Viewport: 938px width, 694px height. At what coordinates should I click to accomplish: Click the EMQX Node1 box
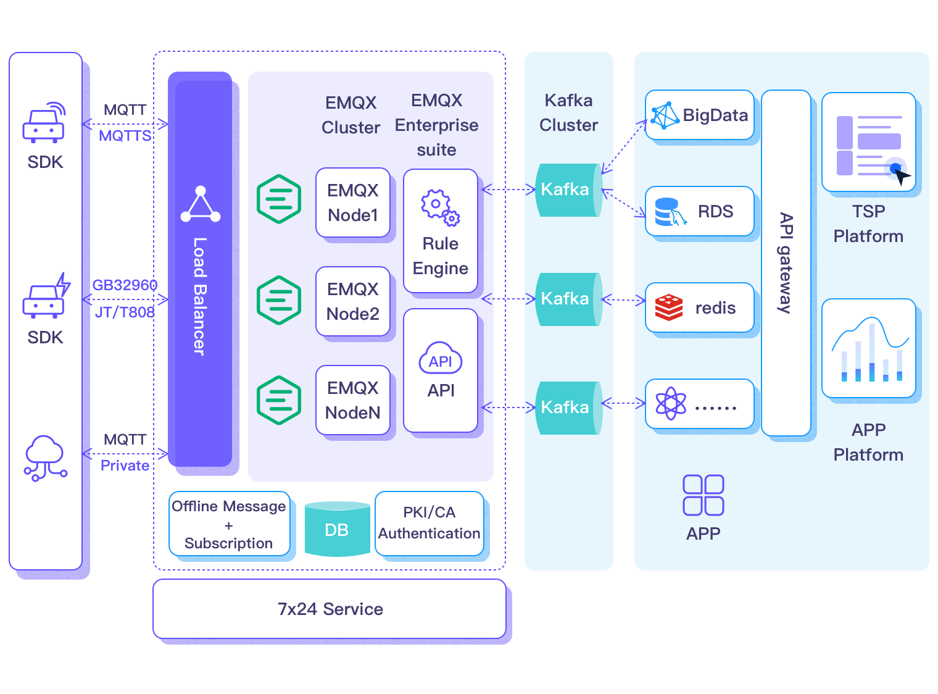point(352,203)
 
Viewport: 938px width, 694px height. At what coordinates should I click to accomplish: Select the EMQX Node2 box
point(352,301)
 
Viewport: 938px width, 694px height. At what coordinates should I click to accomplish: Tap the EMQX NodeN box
point(352,400)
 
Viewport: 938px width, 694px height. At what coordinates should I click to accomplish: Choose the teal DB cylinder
point(337,529)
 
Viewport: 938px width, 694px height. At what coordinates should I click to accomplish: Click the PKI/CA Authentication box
point(429,523)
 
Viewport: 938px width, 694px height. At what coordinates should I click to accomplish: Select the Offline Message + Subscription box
point(229,524)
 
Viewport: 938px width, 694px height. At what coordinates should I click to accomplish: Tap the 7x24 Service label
point(330,609)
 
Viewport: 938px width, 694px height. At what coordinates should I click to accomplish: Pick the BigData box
point(699,115)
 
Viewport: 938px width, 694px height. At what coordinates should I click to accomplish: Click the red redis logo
point(668,307)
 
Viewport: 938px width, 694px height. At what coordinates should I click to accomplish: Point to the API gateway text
point(786,263)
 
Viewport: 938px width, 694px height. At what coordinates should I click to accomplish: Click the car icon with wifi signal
point(44,123)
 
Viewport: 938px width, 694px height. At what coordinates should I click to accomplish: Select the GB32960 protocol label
point(125,285)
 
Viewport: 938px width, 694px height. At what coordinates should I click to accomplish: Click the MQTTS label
point(125,136)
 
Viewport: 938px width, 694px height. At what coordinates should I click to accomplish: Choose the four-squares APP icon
point(703,495)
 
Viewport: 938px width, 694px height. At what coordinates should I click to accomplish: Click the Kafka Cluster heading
point(568,112)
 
